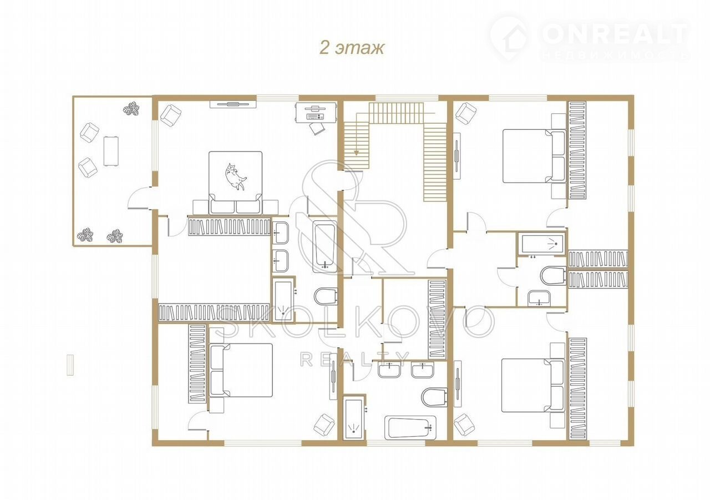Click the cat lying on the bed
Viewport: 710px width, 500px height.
[235, 176]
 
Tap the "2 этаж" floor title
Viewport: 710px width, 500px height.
[352, 48]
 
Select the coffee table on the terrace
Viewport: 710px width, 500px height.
[111, 150]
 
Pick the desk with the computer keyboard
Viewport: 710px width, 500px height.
[316, 112]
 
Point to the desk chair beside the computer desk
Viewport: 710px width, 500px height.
[317, 128]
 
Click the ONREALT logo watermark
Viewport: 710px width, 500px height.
[589, 37]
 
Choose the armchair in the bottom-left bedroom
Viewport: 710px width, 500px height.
[323, 424]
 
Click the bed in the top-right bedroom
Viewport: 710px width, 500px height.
[534, 156]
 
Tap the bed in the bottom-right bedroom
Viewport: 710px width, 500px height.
[533, 385]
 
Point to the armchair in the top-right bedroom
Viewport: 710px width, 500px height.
[465, 113]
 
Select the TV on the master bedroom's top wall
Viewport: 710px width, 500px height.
[233, 104]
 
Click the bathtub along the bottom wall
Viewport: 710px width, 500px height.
[410, 428]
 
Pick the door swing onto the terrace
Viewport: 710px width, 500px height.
[139, 198]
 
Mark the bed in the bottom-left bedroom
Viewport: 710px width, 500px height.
[241, 370]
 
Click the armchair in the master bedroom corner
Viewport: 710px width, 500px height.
[171, 115]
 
